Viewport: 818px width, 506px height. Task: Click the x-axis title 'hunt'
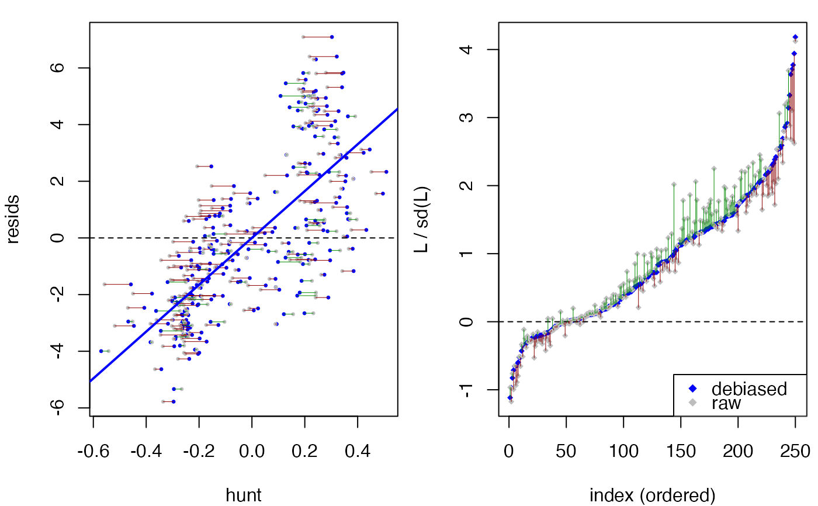click(244, 495)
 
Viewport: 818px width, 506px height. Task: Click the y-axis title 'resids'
click(13, 220)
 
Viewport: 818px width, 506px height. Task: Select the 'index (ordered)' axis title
click(652, 495)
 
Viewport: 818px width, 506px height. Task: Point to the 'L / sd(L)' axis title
click(422, 220)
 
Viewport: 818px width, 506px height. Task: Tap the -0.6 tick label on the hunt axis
click(93, 451)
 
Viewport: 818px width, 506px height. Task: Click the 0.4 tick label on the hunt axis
click(358, 451)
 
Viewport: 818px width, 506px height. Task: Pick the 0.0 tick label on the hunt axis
click(252, 451)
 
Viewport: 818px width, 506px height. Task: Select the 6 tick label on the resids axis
click(58, 68)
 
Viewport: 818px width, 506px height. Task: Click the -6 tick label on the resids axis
click(58, 407)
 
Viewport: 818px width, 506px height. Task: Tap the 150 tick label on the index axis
click(681, 451)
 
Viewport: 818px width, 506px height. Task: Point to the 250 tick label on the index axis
click(795, 451)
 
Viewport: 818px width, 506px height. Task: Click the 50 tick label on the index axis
click(566, 451)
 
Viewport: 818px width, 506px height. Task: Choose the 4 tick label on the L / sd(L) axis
click(467, 49)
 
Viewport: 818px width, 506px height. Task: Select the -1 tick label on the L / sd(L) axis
click(467, 390)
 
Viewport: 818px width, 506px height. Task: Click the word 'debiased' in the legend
click(749, 389)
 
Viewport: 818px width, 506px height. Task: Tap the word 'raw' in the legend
click(726, 403)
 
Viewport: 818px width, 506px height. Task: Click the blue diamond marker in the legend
click(692, 389)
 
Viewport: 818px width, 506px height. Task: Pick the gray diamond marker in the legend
click(692, 403)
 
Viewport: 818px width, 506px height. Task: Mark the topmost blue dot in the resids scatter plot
click(332, 37)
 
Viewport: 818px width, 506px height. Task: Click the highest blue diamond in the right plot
click(795, 37)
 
